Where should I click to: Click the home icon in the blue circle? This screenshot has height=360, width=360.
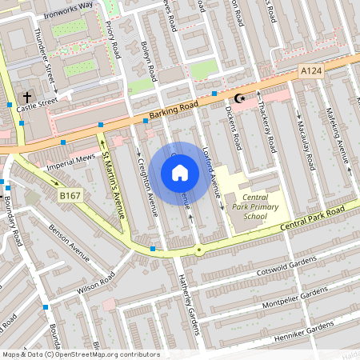tap(180, 172)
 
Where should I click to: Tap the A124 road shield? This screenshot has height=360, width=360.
tap(312, 72)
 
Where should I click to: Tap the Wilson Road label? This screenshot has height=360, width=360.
tap(96, 282)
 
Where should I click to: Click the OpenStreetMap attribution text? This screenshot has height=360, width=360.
tap(80, 354)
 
